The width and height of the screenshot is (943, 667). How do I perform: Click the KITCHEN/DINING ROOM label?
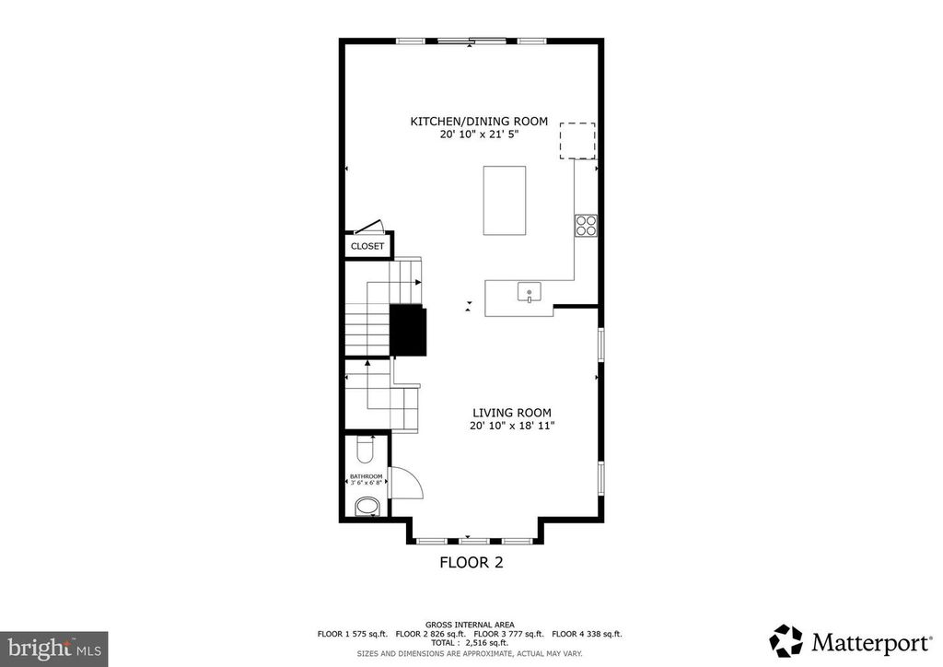point(479,122)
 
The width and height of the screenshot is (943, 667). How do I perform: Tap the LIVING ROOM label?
point(512,413)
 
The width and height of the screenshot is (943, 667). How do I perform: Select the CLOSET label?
point(367,247)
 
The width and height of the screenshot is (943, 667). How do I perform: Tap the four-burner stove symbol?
point(586,225)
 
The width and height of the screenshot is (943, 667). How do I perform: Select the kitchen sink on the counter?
point(530,294)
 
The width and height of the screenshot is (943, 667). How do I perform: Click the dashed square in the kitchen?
point(578,141)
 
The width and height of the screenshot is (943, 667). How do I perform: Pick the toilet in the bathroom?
point(364,451)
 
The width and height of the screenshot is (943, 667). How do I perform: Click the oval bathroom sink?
point(367,507)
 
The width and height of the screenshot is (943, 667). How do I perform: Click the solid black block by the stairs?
point(408,330)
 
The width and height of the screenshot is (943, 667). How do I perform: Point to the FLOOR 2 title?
point(471,562)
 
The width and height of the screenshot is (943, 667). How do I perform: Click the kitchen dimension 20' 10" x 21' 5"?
point(479,135)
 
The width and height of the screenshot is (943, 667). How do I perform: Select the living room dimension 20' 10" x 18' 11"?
point(512,426)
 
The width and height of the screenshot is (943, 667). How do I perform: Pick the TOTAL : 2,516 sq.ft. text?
point(471,642)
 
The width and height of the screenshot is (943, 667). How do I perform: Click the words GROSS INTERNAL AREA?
point(471,624)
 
